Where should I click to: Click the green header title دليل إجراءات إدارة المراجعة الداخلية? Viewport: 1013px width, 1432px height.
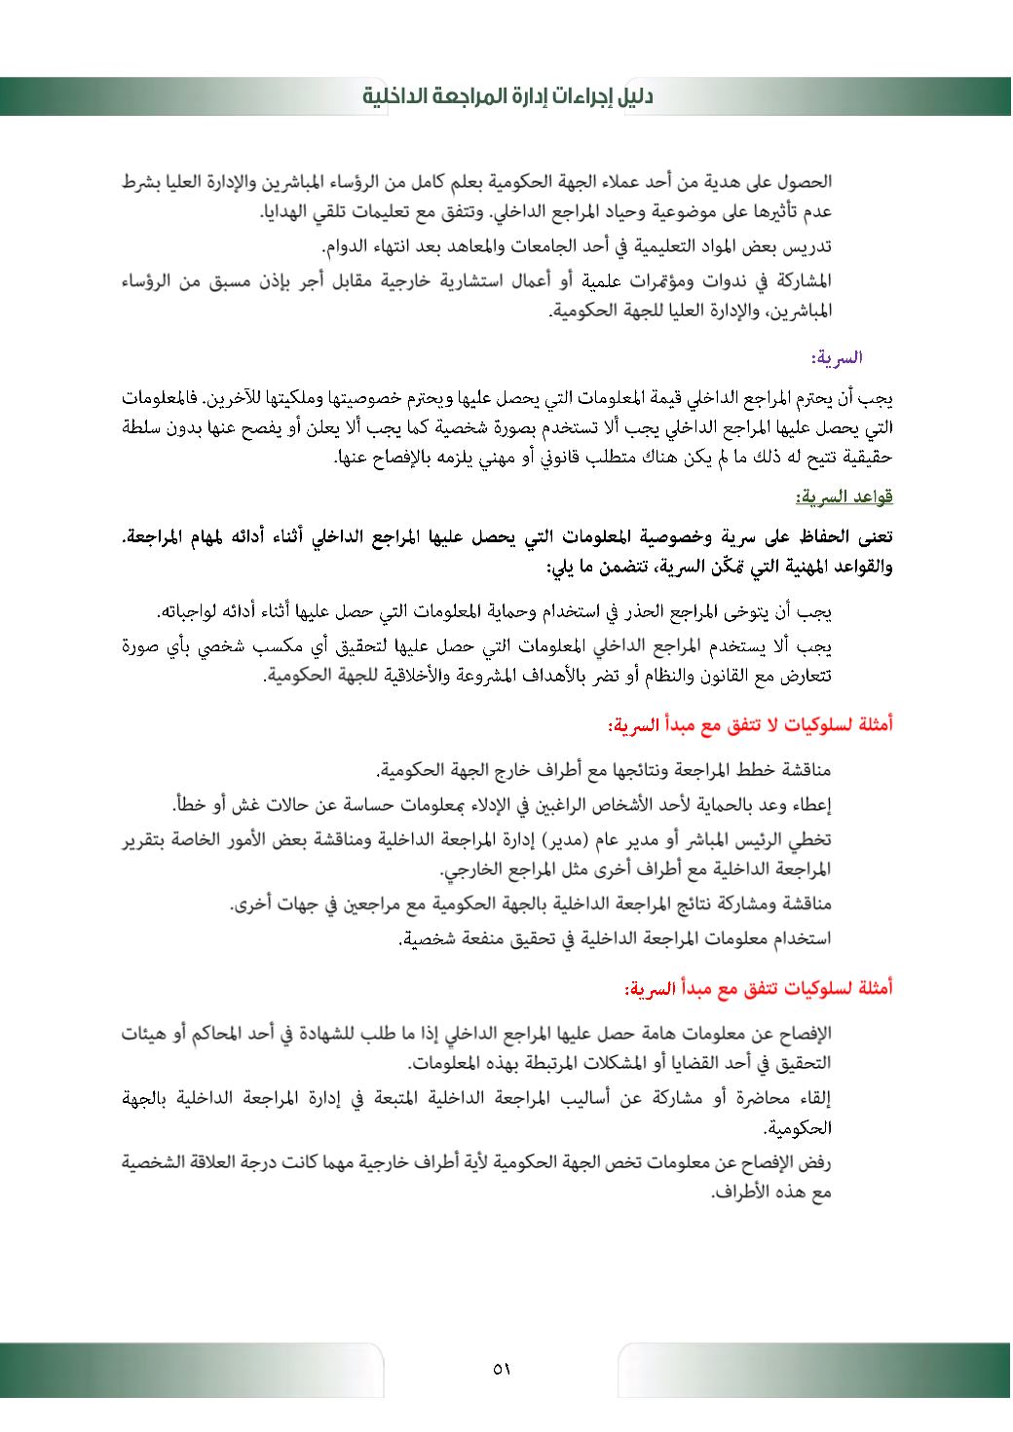click(506, 96)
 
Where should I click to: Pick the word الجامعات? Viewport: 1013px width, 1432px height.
click(520, 241)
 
